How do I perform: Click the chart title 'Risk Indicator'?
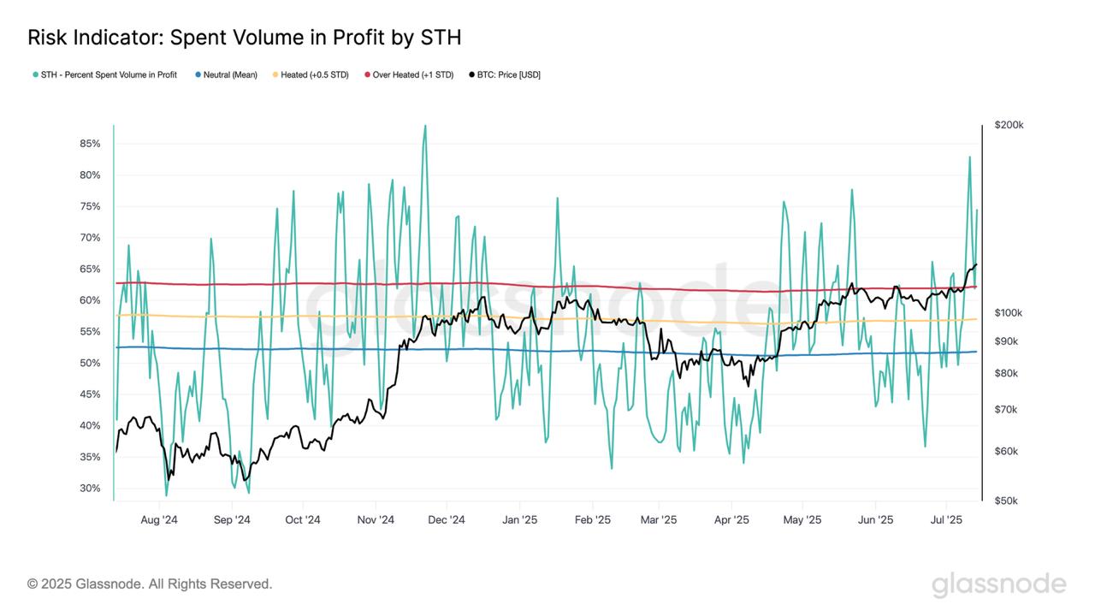tap(244, 38)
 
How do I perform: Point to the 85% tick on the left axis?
tap(90, 144)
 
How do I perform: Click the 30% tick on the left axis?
tap(90, 489)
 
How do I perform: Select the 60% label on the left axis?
tap(90, 300)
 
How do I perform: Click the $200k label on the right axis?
tap(1009, 125)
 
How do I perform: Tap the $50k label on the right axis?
tap(1006, 500)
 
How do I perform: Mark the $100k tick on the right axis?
tap(1009, 313)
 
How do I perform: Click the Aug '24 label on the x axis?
tap(158, 519)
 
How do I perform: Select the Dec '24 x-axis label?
tap(446, 519)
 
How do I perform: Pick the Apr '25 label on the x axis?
tap(731, 519)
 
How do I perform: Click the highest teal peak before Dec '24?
tap(425, 126)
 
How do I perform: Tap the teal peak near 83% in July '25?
tap(969, 157)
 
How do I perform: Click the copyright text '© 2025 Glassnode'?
tap(150, 584)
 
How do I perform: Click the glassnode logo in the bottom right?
tap(998, 585)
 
